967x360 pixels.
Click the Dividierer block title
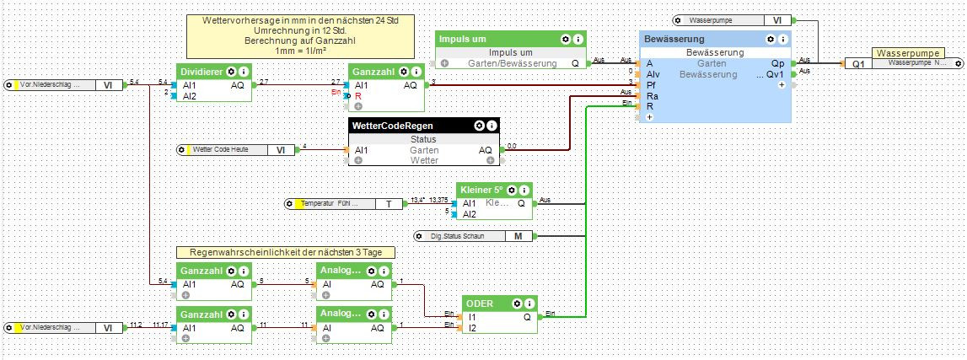201,72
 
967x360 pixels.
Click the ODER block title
481,304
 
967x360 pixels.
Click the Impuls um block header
462,40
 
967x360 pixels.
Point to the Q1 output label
857,63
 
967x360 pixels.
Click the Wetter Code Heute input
233,149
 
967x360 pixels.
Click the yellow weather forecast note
301,35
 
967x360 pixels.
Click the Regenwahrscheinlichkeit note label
286,252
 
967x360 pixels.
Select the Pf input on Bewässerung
650,84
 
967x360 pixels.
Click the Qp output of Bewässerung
777,62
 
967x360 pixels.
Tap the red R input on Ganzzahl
358,96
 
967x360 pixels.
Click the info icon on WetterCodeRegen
492,125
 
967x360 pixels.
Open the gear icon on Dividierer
231,72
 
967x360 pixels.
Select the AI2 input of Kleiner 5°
470,214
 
